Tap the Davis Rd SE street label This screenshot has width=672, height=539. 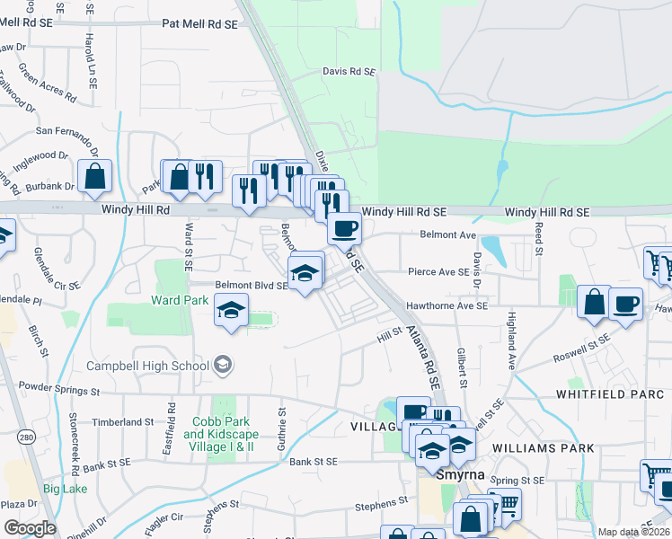tap(349, 71)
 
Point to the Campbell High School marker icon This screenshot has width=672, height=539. tap(223, 365)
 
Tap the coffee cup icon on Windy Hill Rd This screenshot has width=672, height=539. tap(343, 228)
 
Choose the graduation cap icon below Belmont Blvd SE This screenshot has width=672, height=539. tap(232, 311)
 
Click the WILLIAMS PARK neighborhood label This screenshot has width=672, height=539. tap(543, 447)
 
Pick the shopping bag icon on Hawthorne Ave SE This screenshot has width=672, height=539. tap(594, 303)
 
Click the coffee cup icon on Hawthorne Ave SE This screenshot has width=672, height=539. tap(625, 303)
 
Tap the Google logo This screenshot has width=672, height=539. tap(30, 528)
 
